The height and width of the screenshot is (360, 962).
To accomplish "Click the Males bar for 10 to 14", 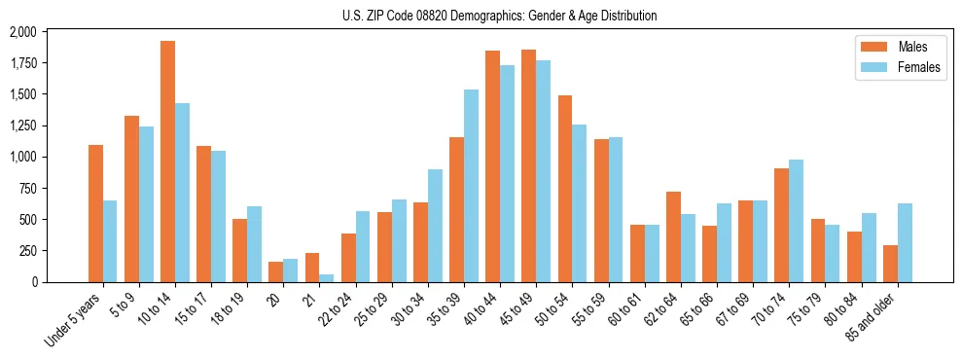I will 167,162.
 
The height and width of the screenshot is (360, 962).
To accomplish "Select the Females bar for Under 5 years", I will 110,241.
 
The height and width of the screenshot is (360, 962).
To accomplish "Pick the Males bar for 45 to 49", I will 528,165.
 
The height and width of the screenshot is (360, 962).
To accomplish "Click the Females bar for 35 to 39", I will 471,186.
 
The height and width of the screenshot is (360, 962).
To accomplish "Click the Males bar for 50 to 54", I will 565,189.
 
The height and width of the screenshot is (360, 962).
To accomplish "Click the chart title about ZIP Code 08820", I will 500,16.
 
